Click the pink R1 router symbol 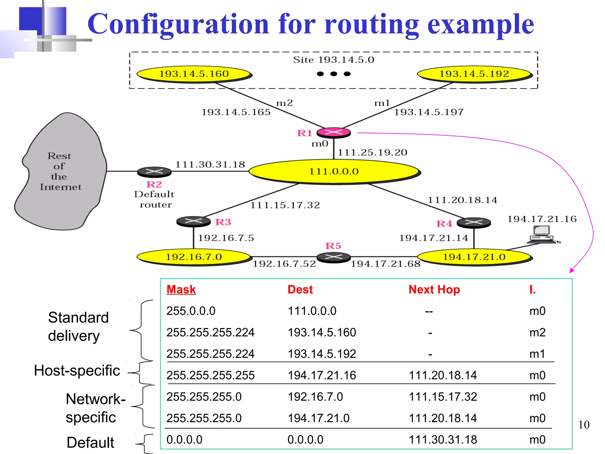pos(334,132)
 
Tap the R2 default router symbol pos(154,171)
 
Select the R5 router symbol pos(334,257)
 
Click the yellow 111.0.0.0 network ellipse pos(334,171)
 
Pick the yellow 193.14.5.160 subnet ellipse pos(194,74)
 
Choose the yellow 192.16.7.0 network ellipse pos(194,257)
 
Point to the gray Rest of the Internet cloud pos(61,171)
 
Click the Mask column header pos(181,289)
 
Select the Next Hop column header pos(434,289)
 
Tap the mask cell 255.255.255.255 pos(210,375)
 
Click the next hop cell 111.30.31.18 pos(443,440)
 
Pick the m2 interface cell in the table pos(537,333)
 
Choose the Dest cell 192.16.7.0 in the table pos(315,397)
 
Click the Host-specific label pos(77,370)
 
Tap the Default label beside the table pos(90,442)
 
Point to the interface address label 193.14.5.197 pos(429,112)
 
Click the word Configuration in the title pos(178,24)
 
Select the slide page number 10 pos(584,425)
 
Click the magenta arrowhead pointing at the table pos(572,270)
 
